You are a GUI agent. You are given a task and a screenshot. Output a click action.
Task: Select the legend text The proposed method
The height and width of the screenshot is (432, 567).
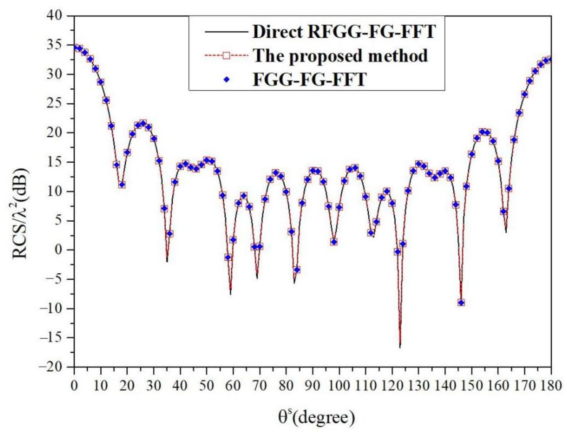tap(340, 55)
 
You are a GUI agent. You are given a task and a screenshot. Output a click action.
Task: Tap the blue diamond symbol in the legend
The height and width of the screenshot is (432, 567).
tap(227, 79)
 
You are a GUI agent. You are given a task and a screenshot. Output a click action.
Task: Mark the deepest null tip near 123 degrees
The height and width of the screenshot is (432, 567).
tap(400, 347)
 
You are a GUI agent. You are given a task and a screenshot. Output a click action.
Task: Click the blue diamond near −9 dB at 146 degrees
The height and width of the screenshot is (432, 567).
tap(461, 303)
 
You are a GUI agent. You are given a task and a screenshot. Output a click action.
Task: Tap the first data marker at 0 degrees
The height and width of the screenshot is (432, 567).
tap(74, 47)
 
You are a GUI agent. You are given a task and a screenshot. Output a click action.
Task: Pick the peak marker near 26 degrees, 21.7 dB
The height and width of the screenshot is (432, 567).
tap(143, 123)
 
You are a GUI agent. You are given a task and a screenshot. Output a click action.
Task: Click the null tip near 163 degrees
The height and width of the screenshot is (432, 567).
tap(506, 232)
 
